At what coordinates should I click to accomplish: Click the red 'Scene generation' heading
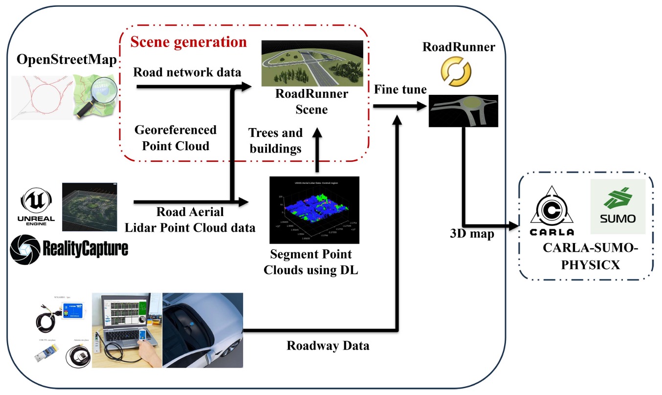coord(189,42)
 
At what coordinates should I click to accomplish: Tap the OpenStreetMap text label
coord(67,60)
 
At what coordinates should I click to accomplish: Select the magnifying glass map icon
coord(95,96)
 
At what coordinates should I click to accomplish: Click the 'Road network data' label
coord(187,72)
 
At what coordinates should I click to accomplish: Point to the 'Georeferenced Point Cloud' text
coord(175,138)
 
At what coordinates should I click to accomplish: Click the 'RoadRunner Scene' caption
coord(311,101)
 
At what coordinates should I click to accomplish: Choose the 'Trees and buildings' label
coord(275,140)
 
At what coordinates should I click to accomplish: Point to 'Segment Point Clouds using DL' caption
coord(311,263)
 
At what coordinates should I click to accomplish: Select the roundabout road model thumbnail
coord(463,111)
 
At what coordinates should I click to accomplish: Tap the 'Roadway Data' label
coord(328,346)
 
